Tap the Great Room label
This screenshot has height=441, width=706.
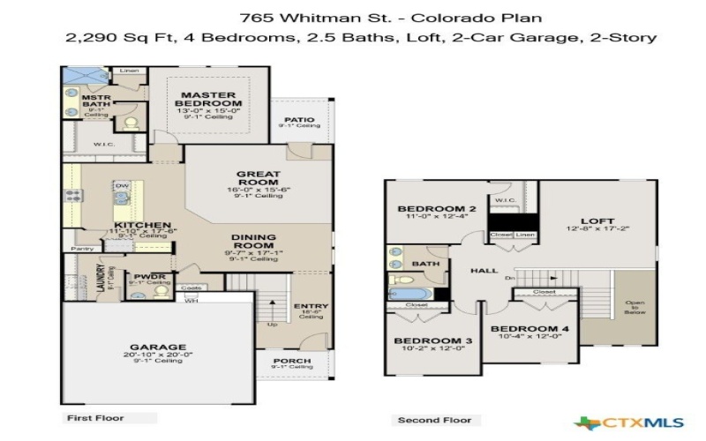[259, 178]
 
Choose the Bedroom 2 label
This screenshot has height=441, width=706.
[436, 209]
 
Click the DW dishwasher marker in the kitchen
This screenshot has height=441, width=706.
[123, 186]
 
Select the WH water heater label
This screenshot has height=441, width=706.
[191, 300]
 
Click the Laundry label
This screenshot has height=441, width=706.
[101, 279]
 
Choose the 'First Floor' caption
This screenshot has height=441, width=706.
[95, 417]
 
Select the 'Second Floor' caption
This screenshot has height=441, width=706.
[433, 420]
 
